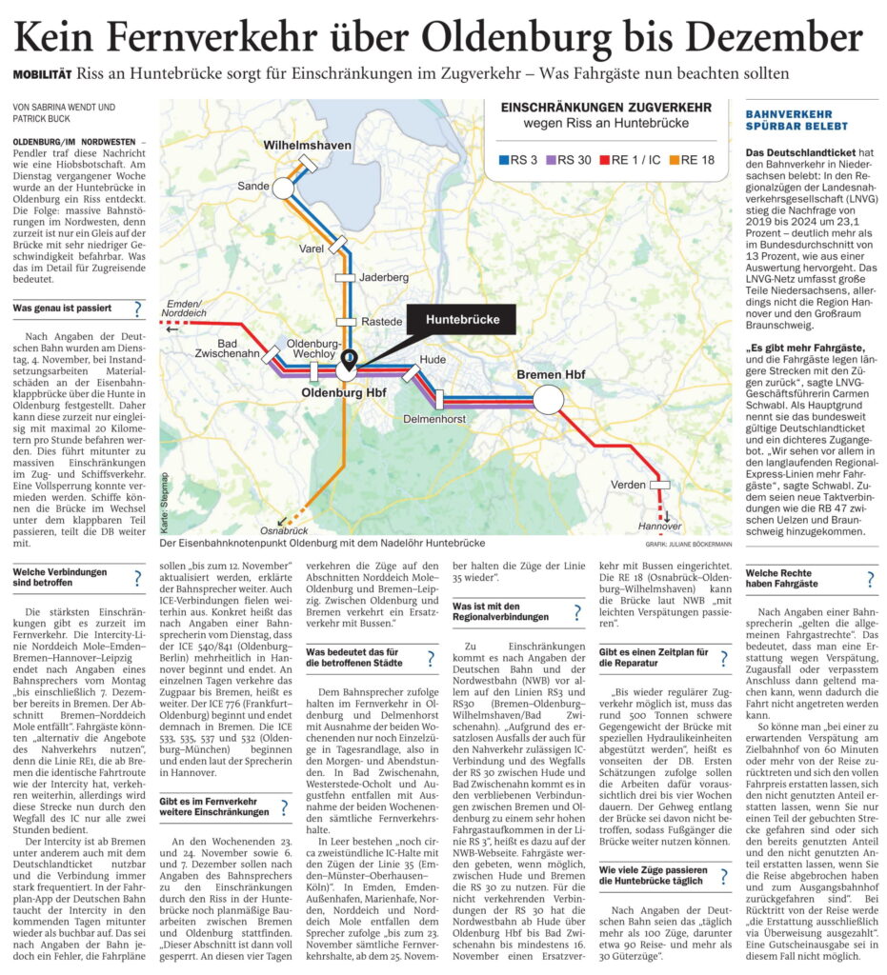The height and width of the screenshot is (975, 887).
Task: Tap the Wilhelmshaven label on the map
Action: point(311,145)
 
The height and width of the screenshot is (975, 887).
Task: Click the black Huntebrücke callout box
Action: point(462,319)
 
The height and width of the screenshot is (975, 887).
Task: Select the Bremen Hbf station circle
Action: point(548,398)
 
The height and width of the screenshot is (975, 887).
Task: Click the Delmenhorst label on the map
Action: point(433,418)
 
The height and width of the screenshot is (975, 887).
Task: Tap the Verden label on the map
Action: point(628,485)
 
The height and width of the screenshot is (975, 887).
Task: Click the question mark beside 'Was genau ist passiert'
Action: point(138,308)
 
